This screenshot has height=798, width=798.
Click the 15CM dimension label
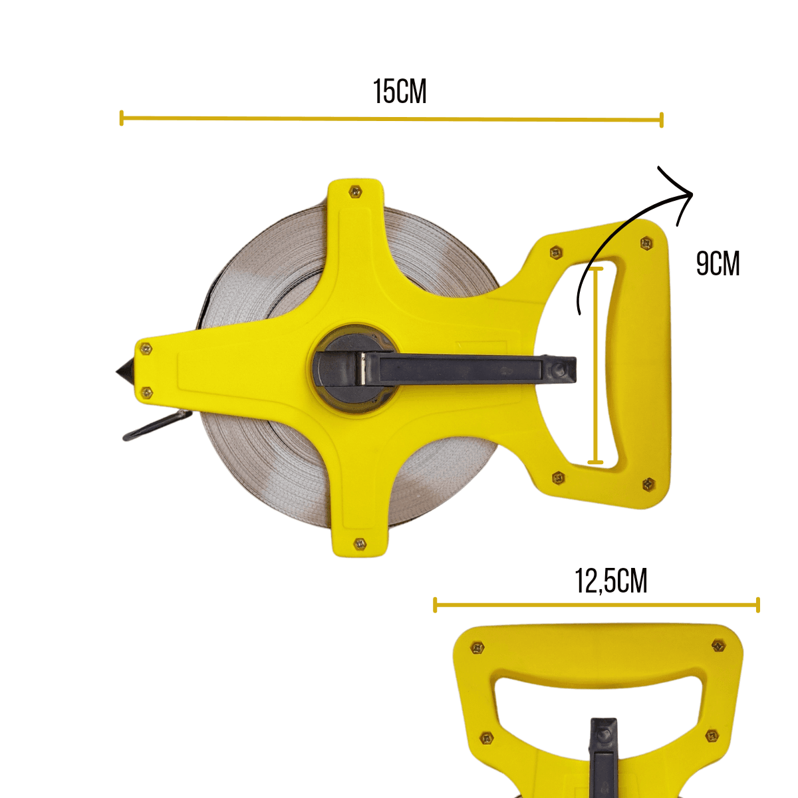(x=400, y=92)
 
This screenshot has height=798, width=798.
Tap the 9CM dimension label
(x=718, y=264)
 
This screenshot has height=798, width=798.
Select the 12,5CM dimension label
(x=611, y=581)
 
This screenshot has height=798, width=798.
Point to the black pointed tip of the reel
(x=124, y=372)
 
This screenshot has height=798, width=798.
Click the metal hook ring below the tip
(x=158, y=426)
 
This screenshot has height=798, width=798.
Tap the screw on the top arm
(x=355, y=192)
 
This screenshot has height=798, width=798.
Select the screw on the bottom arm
(x=360, y=543)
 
